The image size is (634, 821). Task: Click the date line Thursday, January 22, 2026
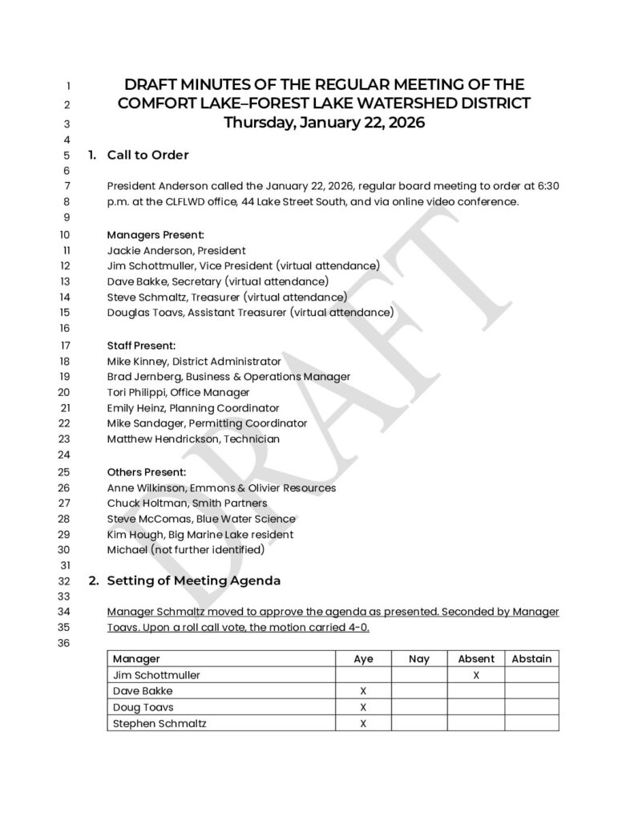tap(324, 123)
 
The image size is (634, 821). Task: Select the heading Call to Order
tap(147, 155)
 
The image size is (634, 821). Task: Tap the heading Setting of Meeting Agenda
tap(193, 580)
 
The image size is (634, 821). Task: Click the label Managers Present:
tap(155, 235)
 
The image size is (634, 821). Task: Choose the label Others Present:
tap(147, 471)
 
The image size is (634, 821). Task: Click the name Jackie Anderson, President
tap(176, 250)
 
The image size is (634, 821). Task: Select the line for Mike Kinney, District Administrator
tap(194, 362)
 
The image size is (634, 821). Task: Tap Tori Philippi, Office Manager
tap(178, 392)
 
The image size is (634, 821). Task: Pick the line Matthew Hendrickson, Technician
tap(193, 439)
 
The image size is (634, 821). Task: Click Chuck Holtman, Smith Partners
tap(187, 503)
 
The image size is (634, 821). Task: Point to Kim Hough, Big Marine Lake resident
tap(200, 534)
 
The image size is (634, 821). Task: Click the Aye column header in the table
tap(363, 659)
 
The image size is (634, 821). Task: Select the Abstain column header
tap(531, 659)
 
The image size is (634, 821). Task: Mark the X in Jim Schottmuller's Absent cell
tap(476, 675)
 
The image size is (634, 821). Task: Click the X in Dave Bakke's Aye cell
tap(363, 691)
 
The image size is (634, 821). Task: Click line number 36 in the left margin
tap(65, 642)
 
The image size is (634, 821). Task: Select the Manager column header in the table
tap(136, 659)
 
